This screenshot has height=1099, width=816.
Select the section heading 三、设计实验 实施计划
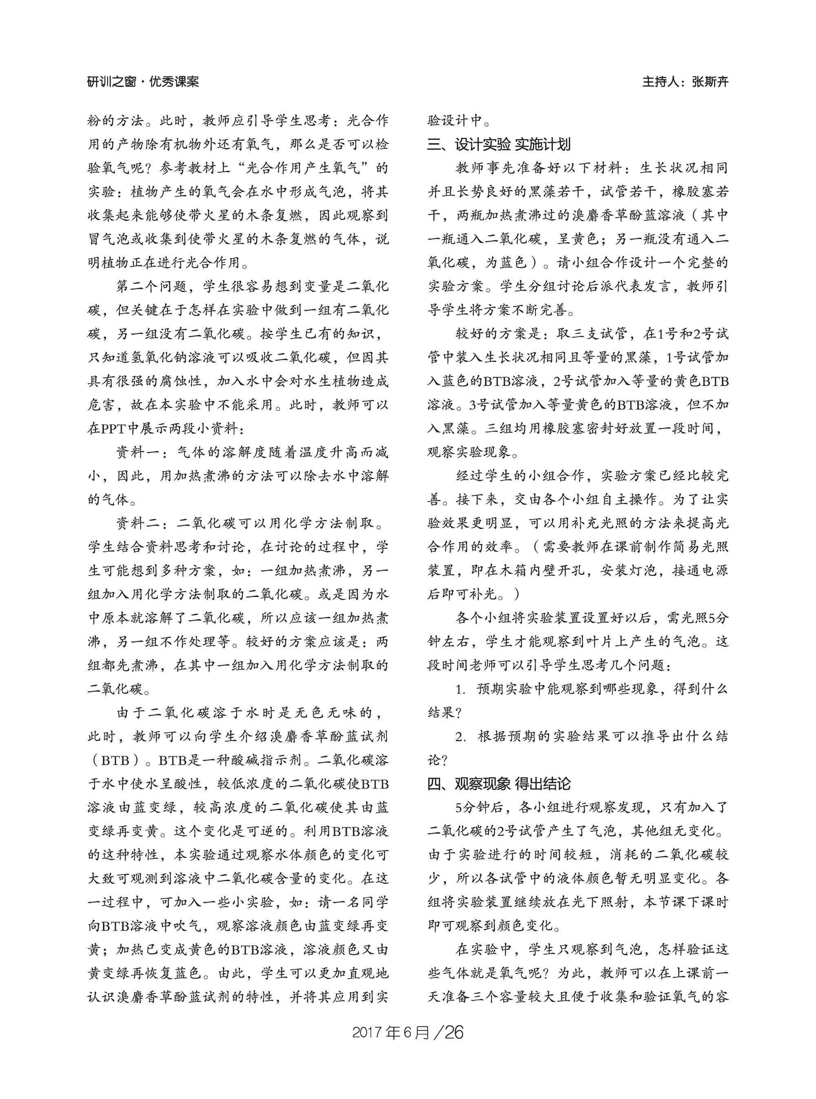[x=499, y=145]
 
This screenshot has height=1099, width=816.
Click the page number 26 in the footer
[x=455, y=1033]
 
